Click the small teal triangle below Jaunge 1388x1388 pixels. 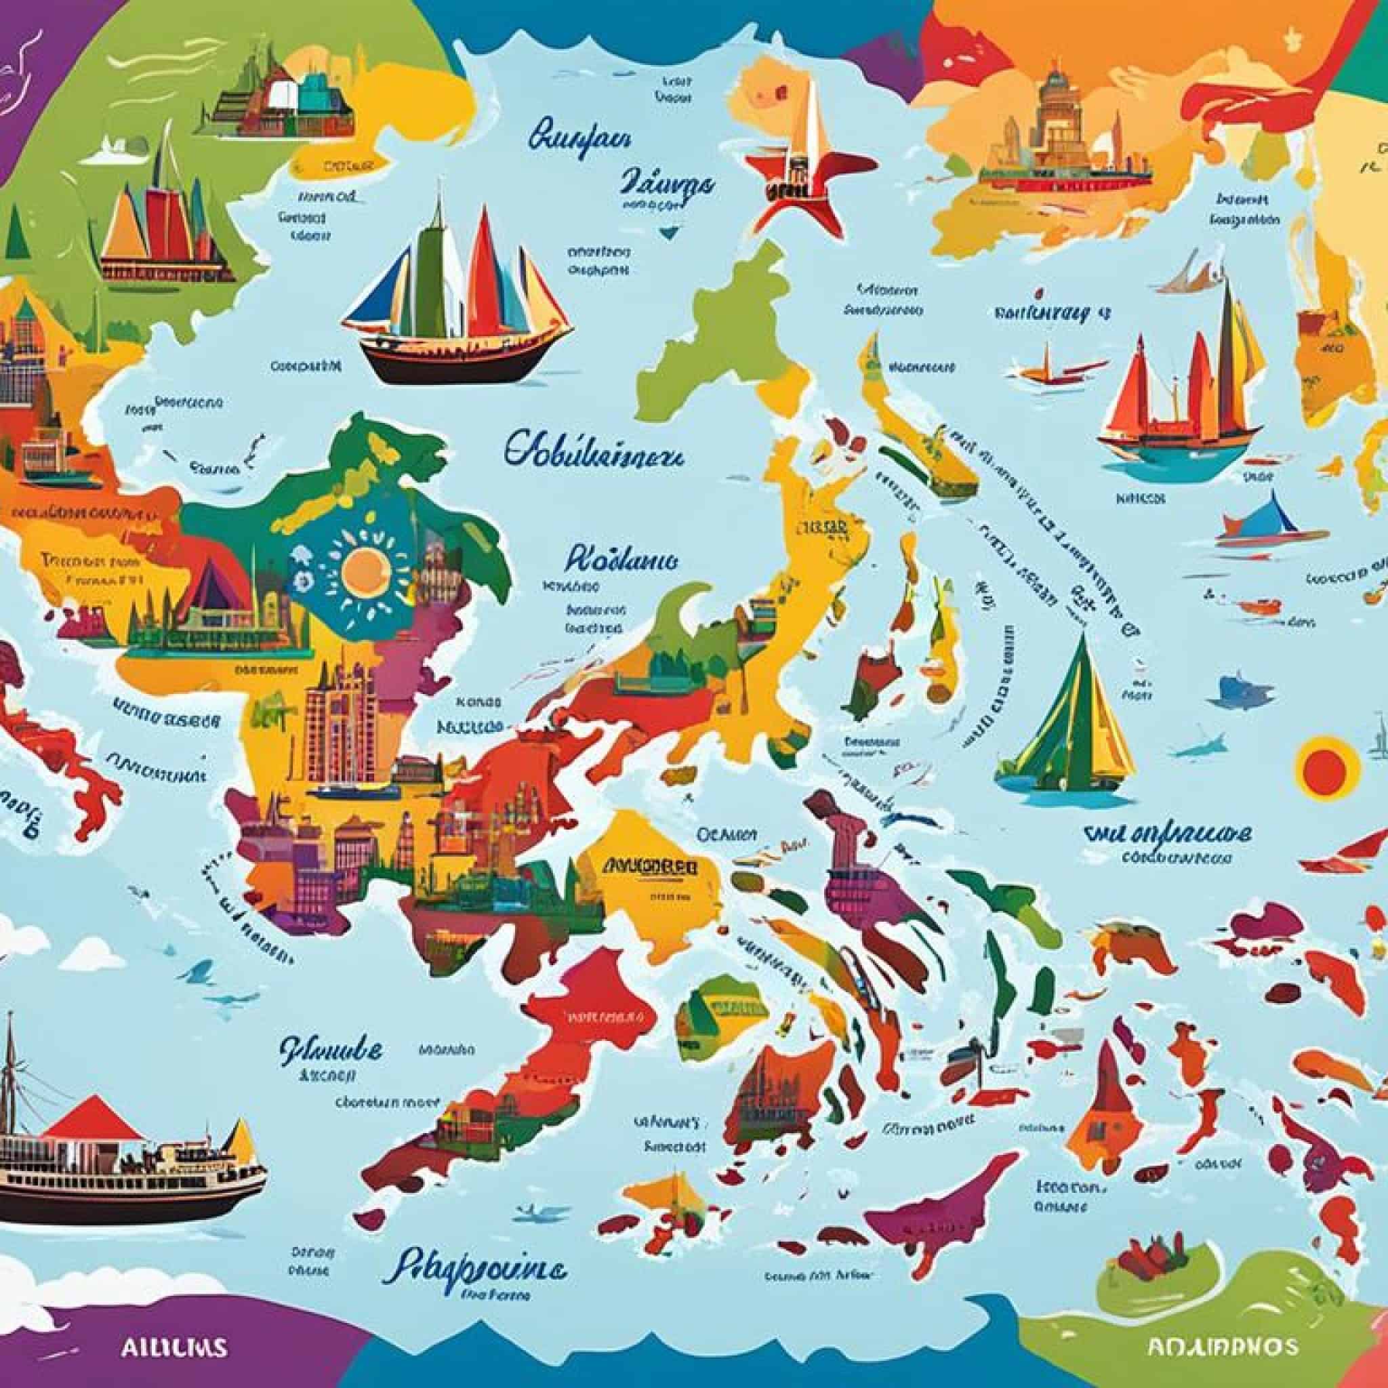668,232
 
